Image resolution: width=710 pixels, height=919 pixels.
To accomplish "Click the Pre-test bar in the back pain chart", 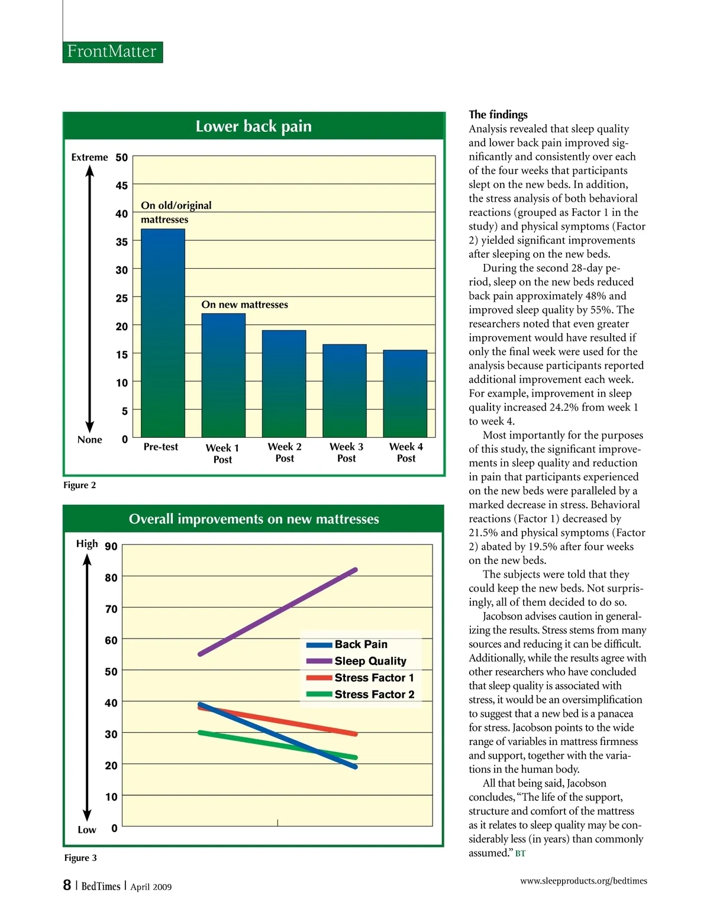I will (163, 333).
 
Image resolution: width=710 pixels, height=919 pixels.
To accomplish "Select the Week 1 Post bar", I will (223, 375).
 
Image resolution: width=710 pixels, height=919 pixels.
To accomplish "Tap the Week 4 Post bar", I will (405, 394).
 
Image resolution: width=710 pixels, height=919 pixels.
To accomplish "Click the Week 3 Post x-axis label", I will (346, 453).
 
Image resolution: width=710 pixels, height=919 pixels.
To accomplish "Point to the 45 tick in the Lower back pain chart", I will (121, 186).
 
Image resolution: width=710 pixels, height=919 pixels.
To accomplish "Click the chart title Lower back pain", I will (253, 127).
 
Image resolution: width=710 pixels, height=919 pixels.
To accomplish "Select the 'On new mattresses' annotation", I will (244, 305).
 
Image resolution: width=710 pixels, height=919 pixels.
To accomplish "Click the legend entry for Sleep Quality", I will (370, 661).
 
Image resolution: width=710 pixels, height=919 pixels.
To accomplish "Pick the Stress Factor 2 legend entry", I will (374, 694).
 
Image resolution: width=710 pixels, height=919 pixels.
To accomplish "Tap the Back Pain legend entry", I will (360, 644).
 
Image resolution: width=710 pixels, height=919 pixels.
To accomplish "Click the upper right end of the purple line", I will (355, 570).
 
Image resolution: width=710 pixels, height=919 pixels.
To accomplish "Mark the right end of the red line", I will (355, 734).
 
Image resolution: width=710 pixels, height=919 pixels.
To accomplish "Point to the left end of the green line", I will (201, 732).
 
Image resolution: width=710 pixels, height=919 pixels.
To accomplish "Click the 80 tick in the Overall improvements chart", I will (111, 578).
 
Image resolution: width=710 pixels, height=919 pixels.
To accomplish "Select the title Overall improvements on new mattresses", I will (254, 519).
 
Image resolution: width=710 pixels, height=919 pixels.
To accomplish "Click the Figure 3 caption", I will (80, 858).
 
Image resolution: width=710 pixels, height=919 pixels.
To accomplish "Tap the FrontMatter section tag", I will (112, 51).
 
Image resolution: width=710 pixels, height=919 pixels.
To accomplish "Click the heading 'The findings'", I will (498, 115).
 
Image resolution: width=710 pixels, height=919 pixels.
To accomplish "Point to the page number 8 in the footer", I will (67, 885).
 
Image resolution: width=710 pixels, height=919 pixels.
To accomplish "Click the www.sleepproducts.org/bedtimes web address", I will (583, 881).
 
